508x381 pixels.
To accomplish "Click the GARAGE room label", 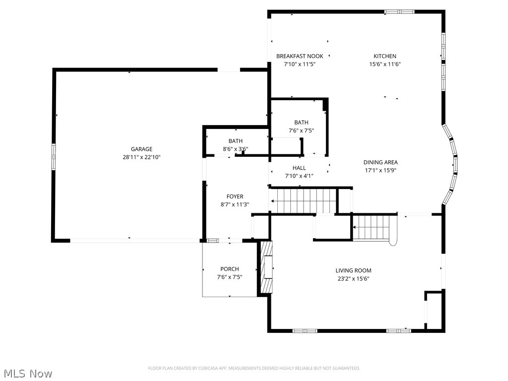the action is [x=141, y=149].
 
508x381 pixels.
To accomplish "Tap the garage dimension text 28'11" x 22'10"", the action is [x=141, y=157].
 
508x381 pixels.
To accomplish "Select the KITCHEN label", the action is [x=385, y=56].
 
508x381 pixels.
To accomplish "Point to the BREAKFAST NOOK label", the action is [x=300, y=56].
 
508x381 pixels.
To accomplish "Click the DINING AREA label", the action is [x=381, y=162].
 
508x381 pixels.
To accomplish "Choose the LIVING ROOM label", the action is [x=353, y=270].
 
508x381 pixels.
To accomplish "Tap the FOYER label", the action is [x=235, y=196].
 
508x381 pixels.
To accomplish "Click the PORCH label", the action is [x=230, y=269].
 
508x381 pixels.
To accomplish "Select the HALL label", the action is [x=299, y=168].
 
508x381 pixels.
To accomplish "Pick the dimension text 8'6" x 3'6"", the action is [x=236, y=149].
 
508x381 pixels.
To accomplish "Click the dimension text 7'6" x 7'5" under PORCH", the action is [x=230, y=277].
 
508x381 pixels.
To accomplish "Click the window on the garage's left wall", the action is [x=54, y=156].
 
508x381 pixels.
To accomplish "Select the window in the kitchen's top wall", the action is [x=399, y=12].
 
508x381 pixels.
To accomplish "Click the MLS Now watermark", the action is [x=26, y=373].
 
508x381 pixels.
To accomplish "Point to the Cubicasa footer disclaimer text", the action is [x=254, y=369].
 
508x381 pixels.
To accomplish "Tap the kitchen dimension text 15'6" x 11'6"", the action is [x=385, y=64].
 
